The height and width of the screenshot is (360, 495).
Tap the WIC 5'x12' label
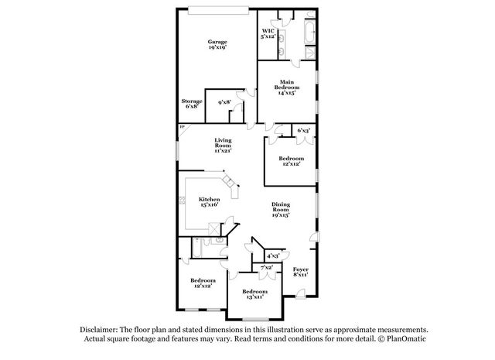268,33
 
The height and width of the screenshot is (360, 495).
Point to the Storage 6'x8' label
192,104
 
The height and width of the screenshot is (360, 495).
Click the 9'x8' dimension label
224,102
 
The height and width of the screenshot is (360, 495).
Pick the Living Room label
224,145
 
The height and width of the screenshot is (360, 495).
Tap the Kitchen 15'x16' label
210,201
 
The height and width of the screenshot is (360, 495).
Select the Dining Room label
281,210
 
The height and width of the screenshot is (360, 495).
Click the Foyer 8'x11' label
301,272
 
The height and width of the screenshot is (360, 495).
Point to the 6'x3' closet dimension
304,130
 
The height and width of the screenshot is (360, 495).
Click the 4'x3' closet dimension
273,255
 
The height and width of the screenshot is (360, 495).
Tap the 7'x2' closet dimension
266,267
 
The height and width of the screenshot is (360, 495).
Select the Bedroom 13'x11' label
254,294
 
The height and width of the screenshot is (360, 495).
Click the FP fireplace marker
182,127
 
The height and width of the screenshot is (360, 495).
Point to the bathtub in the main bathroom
309,33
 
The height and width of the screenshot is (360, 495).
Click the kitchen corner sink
229,181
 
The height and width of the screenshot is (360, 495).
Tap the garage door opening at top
218,11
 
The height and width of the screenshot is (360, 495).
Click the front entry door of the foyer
301,293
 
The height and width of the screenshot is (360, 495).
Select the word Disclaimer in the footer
99,330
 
